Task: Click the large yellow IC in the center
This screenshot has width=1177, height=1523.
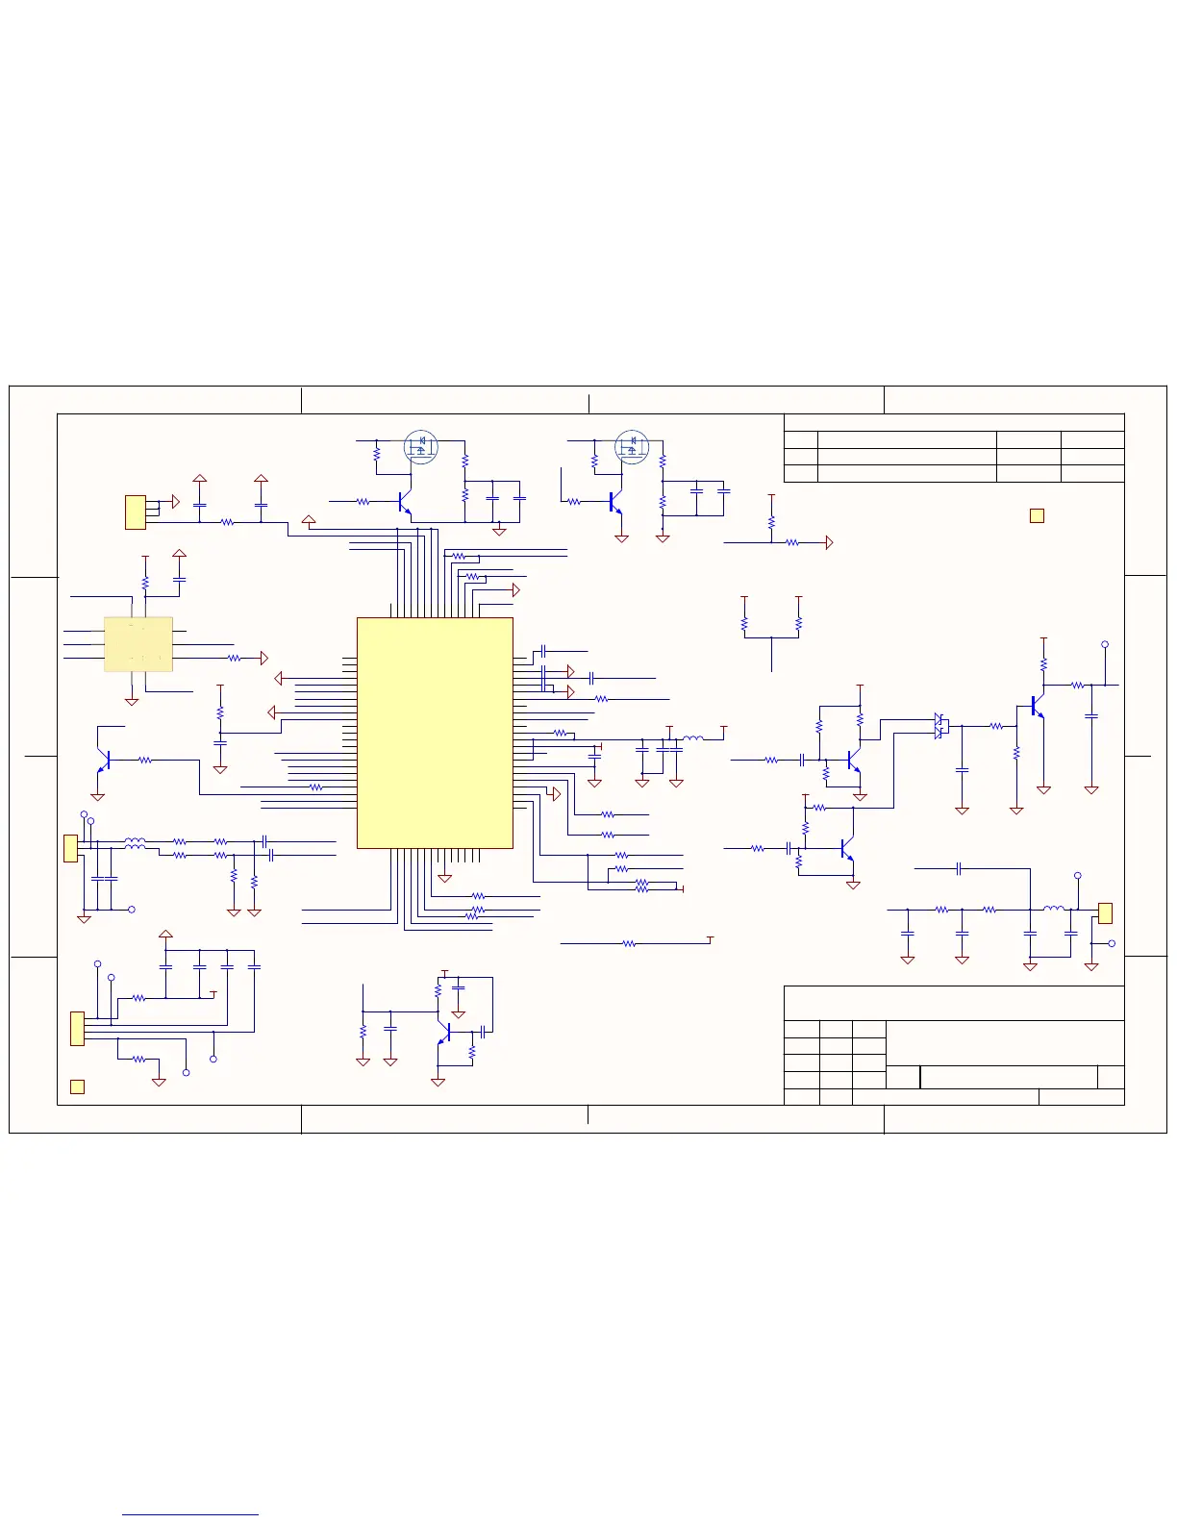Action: click(435, 733)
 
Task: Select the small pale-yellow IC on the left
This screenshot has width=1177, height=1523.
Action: click(138, 643)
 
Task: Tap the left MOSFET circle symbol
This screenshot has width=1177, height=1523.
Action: click(420, 446)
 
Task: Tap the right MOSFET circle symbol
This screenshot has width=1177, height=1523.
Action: click(632, 446)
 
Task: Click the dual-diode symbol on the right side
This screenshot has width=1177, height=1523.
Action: click(940, 726)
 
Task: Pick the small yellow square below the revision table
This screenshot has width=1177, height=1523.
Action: click(1037, 515)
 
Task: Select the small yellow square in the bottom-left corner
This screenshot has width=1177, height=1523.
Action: click(78, 1086)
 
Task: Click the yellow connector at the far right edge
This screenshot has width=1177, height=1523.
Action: click(1105, 912)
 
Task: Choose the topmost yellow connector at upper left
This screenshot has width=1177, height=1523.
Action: click(136, 512)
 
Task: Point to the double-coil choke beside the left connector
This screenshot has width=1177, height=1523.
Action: click(135, 844)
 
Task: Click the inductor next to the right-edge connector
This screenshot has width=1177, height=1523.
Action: click(1054, 908)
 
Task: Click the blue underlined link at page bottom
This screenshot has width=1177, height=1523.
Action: click(190, 1514)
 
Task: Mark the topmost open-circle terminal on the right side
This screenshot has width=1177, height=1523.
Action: click(1105, 644)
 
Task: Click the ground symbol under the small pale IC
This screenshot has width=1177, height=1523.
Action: click(132, 702)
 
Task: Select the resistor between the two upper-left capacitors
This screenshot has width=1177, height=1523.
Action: click(228, 522)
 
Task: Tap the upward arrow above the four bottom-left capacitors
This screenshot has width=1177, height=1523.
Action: click(165, 934)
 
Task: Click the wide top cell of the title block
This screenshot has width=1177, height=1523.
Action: click(954, 1003)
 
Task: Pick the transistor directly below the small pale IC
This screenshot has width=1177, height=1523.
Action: click(105, 760)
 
